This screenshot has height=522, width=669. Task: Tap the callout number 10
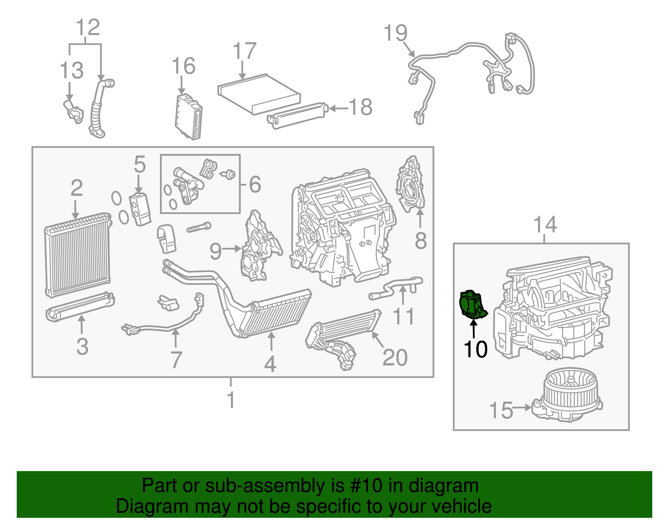pyautogui.click(x=475, y=349)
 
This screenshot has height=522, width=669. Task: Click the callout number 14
pyautogui.click(x=545, y=225)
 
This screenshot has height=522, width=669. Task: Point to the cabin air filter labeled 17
pyautogui.click(x=259, y=93)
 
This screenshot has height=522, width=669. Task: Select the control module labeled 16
pyautogui.click(x=189, y=117)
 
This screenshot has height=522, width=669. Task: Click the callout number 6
pyautogui.click(x=255, y=184)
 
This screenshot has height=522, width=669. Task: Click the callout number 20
pyautogui.click(x=394, y=358)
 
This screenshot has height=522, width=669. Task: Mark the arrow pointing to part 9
pyautogui.click(x=231, y=249)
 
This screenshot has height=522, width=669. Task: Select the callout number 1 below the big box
pyautogui.click(x=231, y=400)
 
